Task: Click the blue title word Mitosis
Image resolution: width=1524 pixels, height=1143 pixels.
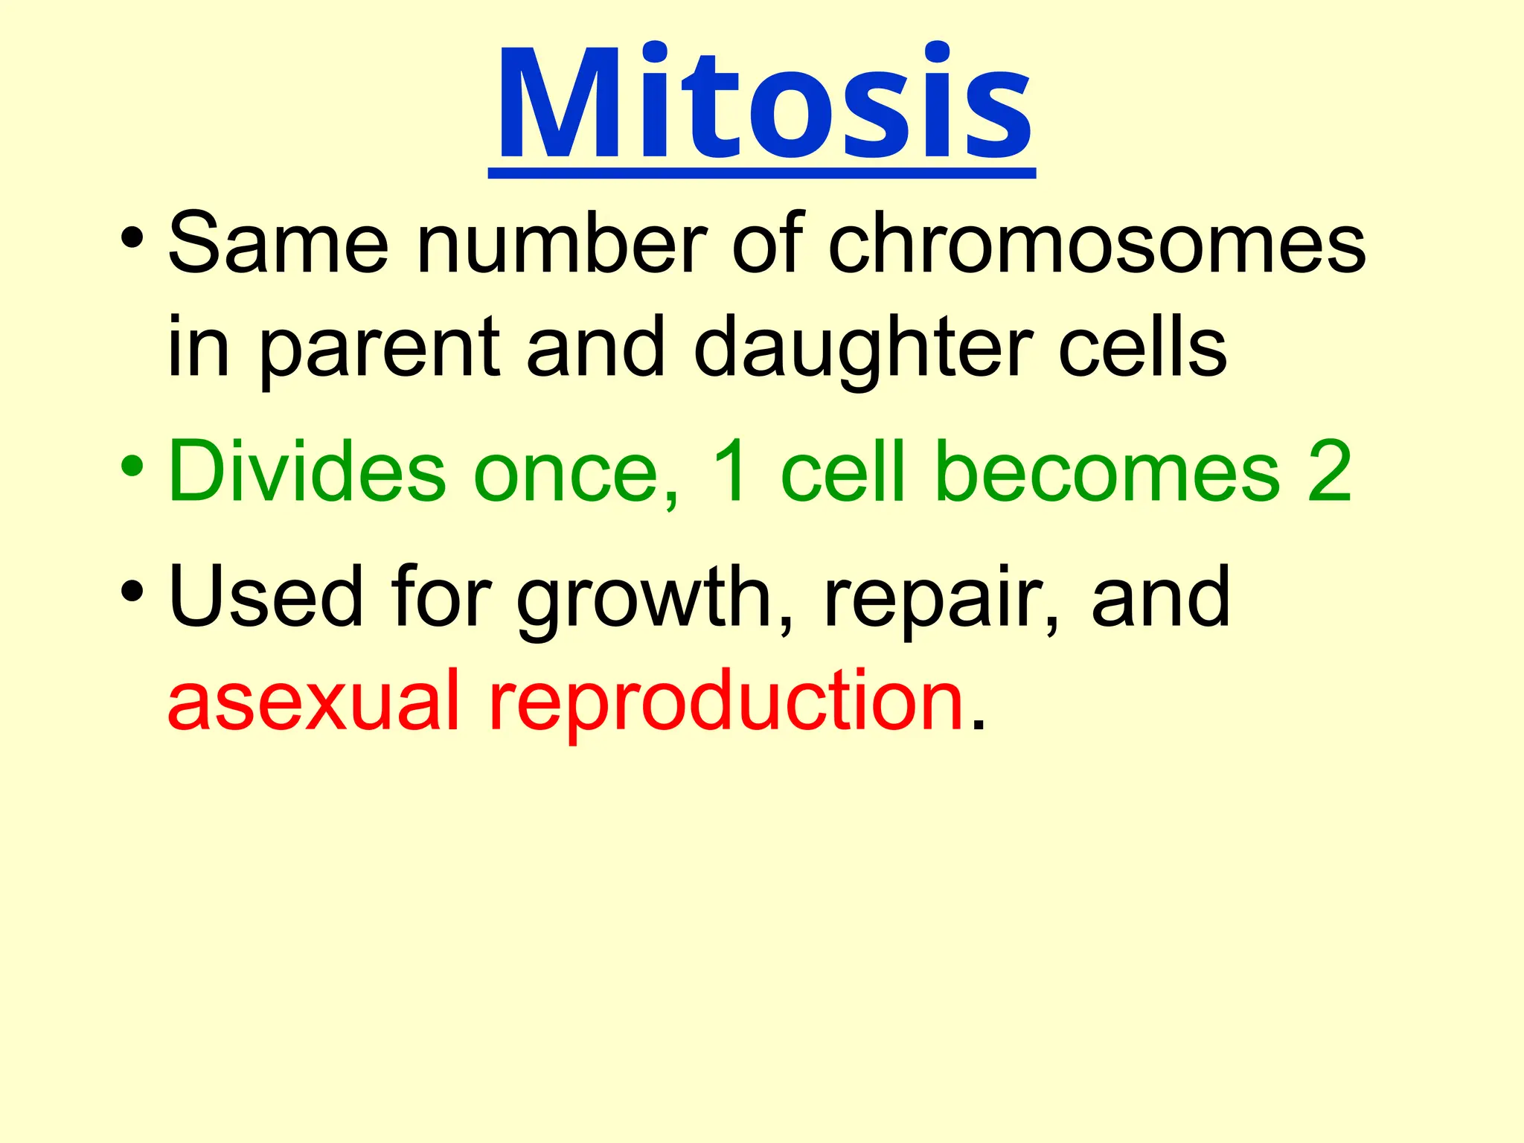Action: tap(763, 104)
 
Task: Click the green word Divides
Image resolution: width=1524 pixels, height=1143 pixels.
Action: tap(307, 472)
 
